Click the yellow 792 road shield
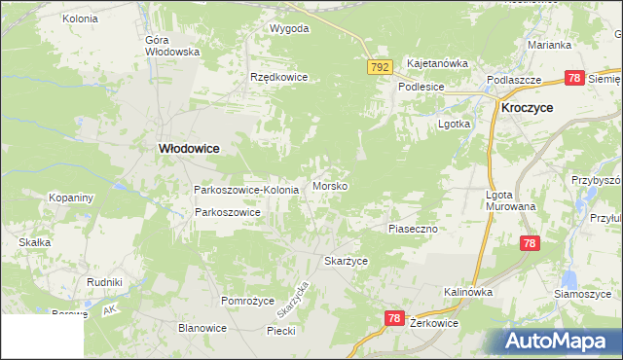(380, 67)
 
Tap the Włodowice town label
(189, 148)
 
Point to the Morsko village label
(331, 185)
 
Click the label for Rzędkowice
(278, 77)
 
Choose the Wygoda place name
(289, 28)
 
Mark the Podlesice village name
(421, 87)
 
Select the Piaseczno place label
(414, 228)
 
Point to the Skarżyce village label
(346, 262)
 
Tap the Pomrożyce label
(248, 301)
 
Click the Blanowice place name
(202, 328)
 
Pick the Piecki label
(281, 331)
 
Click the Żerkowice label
(434, 321)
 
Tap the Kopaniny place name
(71, 198)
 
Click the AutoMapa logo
(558, 341)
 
